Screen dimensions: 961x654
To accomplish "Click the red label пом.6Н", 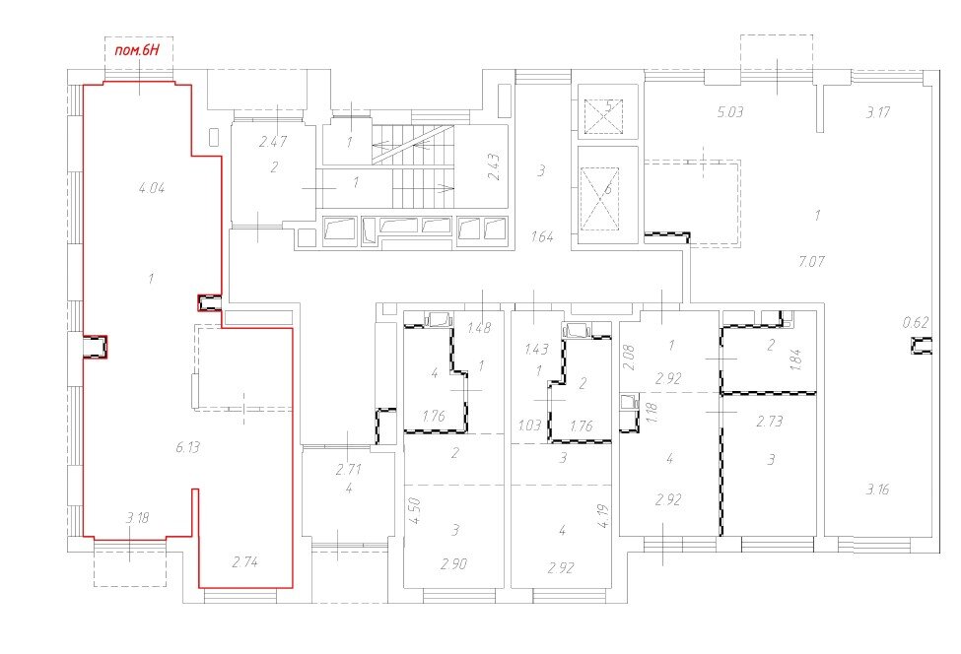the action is (137, 50).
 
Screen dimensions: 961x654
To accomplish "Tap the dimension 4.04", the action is (152, 188).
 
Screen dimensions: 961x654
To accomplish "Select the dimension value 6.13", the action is (187, 447).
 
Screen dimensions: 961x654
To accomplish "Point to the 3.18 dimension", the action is (137, 518).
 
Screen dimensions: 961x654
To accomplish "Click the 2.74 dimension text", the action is (244, 561).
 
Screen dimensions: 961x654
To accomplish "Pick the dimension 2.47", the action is (273, 142).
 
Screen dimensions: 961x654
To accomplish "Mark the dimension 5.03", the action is (730, 112).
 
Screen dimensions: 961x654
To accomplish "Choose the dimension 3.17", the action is (877, 112).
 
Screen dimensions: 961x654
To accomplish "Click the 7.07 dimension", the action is (811, 261).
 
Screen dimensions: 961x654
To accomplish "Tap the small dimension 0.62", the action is (916, 322).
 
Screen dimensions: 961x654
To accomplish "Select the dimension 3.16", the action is (877, 490).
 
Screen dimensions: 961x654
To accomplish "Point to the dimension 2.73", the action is (769, 422).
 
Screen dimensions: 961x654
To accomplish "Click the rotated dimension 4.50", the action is (414, 510).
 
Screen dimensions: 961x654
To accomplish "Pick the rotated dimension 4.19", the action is (602, 515).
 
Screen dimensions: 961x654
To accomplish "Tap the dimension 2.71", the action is (348, 470).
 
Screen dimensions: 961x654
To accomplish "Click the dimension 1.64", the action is (542, 236).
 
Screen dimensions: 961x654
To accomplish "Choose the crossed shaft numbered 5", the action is (603, 116).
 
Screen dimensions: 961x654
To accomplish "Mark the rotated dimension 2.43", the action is (494, 165).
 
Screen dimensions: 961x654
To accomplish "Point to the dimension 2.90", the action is (453, 564).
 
